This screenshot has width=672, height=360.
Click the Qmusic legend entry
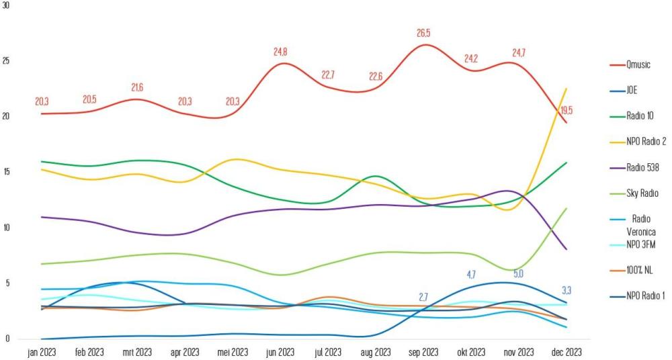tap(638, 64)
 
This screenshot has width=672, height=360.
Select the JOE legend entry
tap(632, 90)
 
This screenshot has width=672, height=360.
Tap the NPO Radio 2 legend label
tap(645, 141)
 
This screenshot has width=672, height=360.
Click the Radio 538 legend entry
tap(641, 167)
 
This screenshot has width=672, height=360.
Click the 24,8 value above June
tap(280, 52)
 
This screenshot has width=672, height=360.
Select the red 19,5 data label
tap(566, 110)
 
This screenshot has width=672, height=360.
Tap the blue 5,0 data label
tap(519, 274)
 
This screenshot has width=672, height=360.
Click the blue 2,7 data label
tap(423, 296)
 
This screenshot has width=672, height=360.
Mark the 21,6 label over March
tap(137, 88)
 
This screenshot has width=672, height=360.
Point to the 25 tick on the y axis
tap(6, 60)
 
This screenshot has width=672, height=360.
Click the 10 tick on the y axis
tap(6, 228)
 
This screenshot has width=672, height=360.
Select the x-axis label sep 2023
tap(423, 352)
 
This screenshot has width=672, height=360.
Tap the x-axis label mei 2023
tap(233, 352)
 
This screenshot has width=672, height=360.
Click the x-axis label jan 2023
tap(41, 352)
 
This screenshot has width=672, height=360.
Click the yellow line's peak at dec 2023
tap(566, 89)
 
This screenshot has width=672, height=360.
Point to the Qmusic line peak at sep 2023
tap(425, 45)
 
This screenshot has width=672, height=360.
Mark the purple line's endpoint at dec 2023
tap(566, 249)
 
